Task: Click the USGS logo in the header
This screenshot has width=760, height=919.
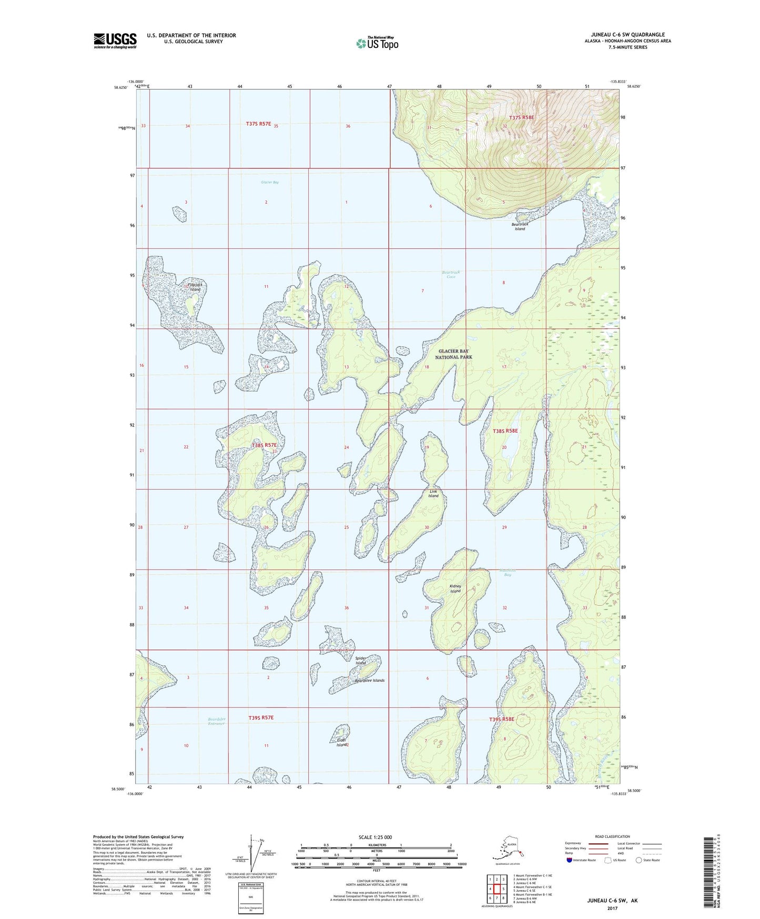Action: [115, 41]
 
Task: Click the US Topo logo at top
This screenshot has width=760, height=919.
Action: [377, 43]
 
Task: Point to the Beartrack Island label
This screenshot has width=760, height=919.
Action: [520, 226]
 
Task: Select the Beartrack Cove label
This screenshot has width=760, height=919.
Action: [451, 274]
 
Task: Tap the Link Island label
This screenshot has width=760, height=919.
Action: [433, 493]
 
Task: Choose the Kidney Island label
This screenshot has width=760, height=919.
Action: [455, 588]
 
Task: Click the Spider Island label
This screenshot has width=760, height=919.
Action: [360, 660]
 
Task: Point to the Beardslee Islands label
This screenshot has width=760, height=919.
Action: [369, 681]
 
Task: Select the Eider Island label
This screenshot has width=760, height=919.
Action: [342, 743]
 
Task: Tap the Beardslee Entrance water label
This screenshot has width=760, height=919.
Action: [216, 721]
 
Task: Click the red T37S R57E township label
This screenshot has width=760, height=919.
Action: [258, 124]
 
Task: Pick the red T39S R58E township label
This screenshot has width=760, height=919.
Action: [501, 719]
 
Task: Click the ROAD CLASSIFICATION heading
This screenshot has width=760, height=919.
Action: [612, 836]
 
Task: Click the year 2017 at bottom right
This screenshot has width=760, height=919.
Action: [612, 908]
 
